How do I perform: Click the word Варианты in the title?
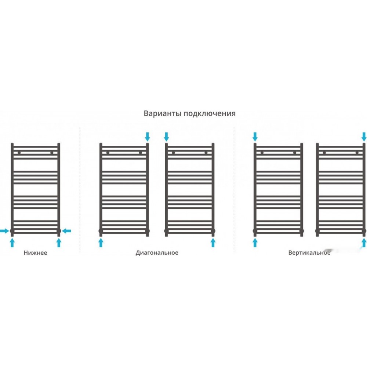point(163,113)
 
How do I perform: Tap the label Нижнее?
point(35,253)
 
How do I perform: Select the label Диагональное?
point(157,253)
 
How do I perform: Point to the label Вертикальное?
point(309,253)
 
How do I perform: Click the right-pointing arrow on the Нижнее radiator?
point(4,231)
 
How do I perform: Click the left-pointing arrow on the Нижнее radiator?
point(66,231)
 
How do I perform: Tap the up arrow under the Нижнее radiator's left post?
point(12,243)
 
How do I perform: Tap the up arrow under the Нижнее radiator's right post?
point(59,243)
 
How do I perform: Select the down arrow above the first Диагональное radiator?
point(148,137)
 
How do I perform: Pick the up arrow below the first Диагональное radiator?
point(101,243)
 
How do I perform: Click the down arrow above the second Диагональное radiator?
point(166,137)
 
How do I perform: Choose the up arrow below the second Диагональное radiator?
point(213,243)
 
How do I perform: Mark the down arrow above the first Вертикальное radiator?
point(255,137)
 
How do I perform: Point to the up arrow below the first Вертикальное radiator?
point(255,243)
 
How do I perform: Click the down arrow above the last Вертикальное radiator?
point(364,137)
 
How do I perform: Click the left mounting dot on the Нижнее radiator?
point(19,153)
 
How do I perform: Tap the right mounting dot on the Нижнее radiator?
point(52,153)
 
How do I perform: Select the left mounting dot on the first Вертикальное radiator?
point(262,153)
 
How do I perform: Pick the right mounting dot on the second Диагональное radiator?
point(206,153)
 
